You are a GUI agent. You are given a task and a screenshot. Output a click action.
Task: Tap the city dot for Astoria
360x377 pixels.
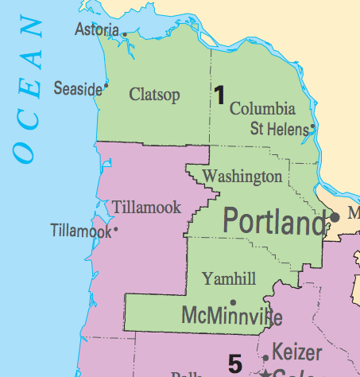pyautogui.click(x=125, y=33)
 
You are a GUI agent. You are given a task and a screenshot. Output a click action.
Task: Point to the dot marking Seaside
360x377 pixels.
pyautogui.click(x=106, y=84)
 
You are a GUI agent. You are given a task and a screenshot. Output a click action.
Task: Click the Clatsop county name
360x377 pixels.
pyautogui.click(x=154, y=95)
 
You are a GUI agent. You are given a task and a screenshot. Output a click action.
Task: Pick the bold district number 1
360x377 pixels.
pyautogui.click(x=219, y=95)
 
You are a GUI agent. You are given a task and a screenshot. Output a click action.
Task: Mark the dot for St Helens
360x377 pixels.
pyautogui.click(x=313, y=126)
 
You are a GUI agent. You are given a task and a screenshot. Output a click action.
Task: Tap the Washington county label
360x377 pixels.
pyautogui.click(x=242, y=176)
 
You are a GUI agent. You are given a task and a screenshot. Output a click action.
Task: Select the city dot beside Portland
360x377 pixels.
pyautogui.click(x=335, y=216)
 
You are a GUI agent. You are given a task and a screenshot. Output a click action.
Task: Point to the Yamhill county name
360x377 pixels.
pyautogui.click(x=228, y=278)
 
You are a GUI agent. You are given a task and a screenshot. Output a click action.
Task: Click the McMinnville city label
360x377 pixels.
pyautogui.click(x=231, y=314)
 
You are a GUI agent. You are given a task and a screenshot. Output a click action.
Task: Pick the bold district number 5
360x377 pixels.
pyautogui.click(x=235, y=364)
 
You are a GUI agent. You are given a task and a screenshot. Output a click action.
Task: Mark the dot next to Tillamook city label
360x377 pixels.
pyautogui.click(x=116, y=230)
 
